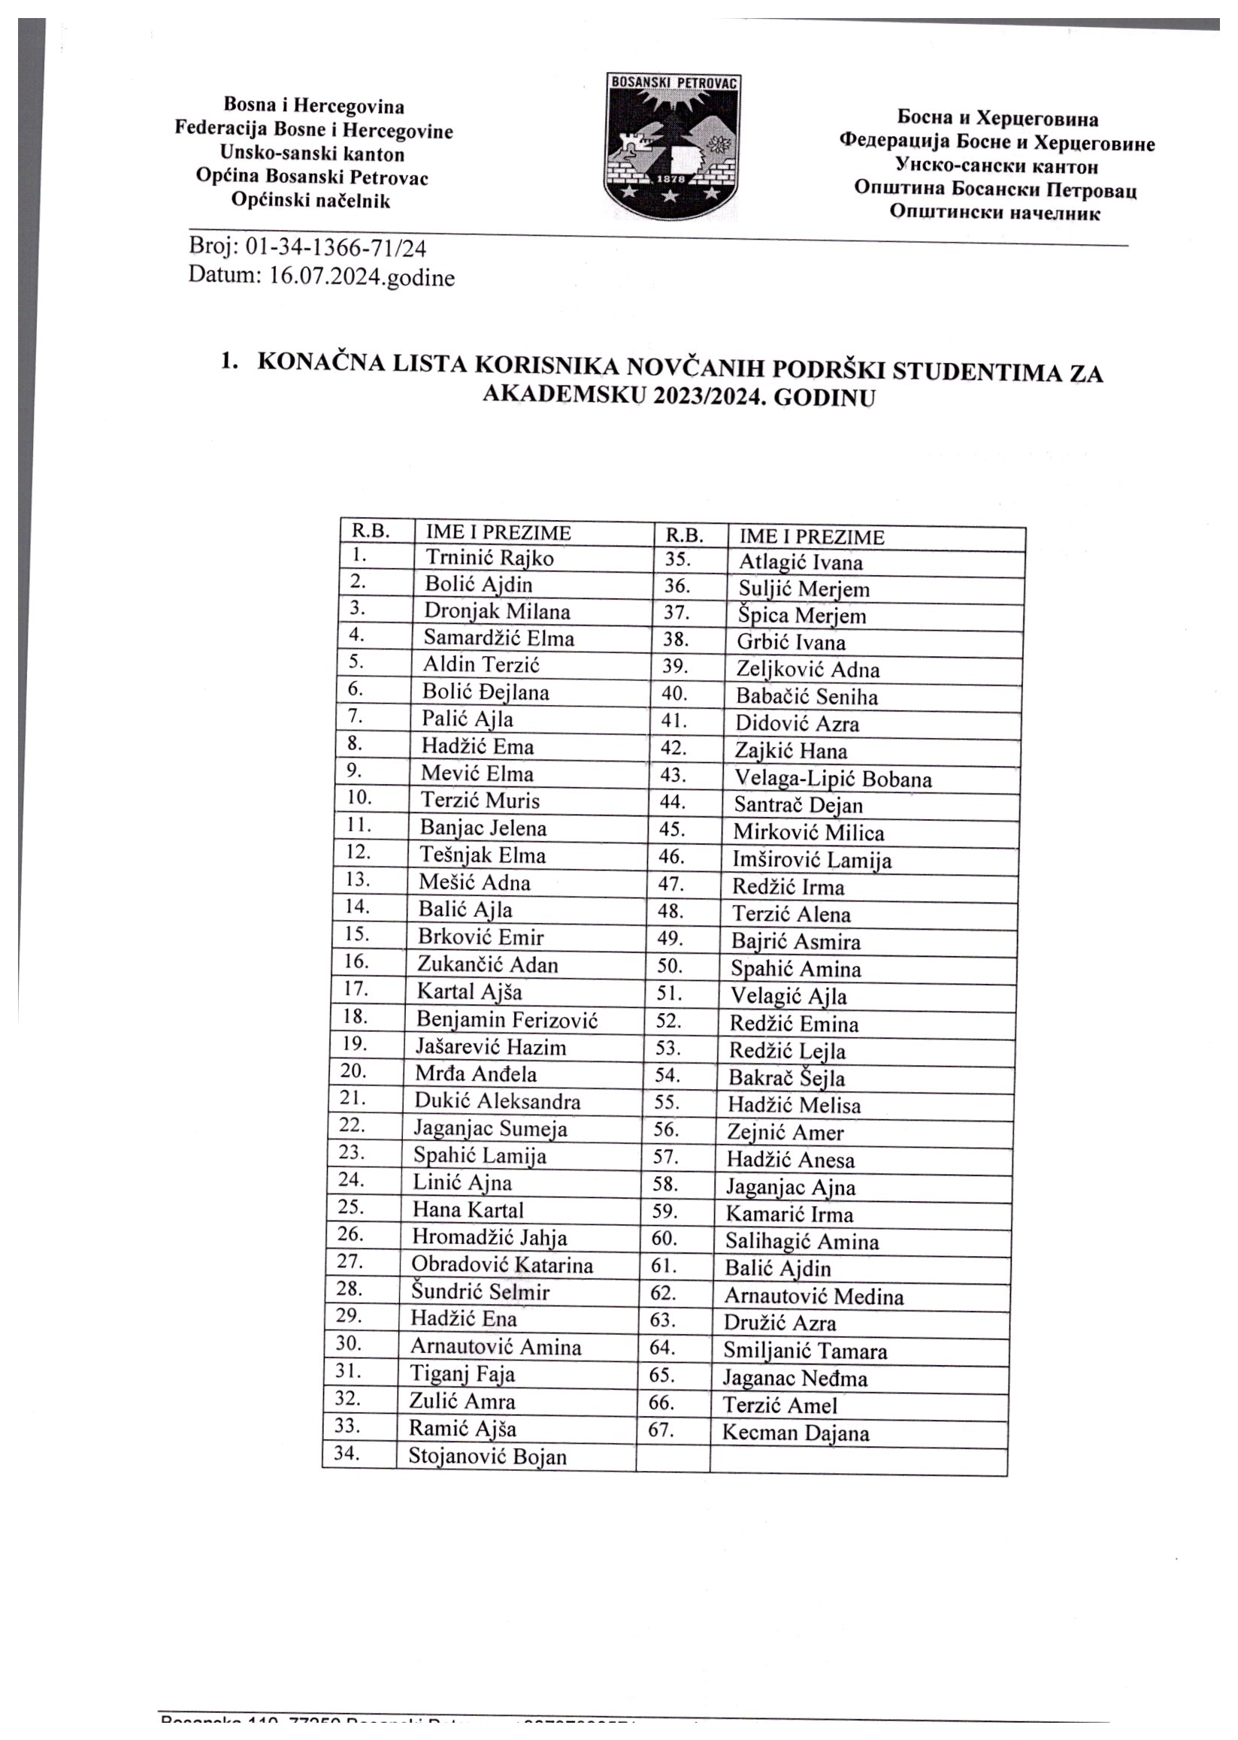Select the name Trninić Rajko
click(x=489, y=558)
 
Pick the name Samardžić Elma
click(x=498, y=637)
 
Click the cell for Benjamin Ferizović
click(x=507, y=1019)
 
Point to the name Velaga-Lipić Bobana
click(x=832, y=779)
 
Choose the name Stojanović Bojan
click(x=488, y=1457)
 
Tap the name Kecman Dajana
click(x=795, y=1433)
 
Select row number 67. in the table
click(x=661, y=1430)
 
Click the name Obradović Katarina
click(x=501, y=1265)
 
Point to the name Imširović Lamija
click(x=812, y=861)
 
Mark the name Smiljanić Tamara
click(x=805, y=1351)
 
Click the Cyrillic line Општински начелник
click(x=994, y=213)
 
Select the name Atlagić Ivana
click(x=801, y=563)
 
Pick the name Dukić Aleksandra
click(x=497, y=1101)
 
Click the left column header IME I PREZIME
click(x=498, y=532)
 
